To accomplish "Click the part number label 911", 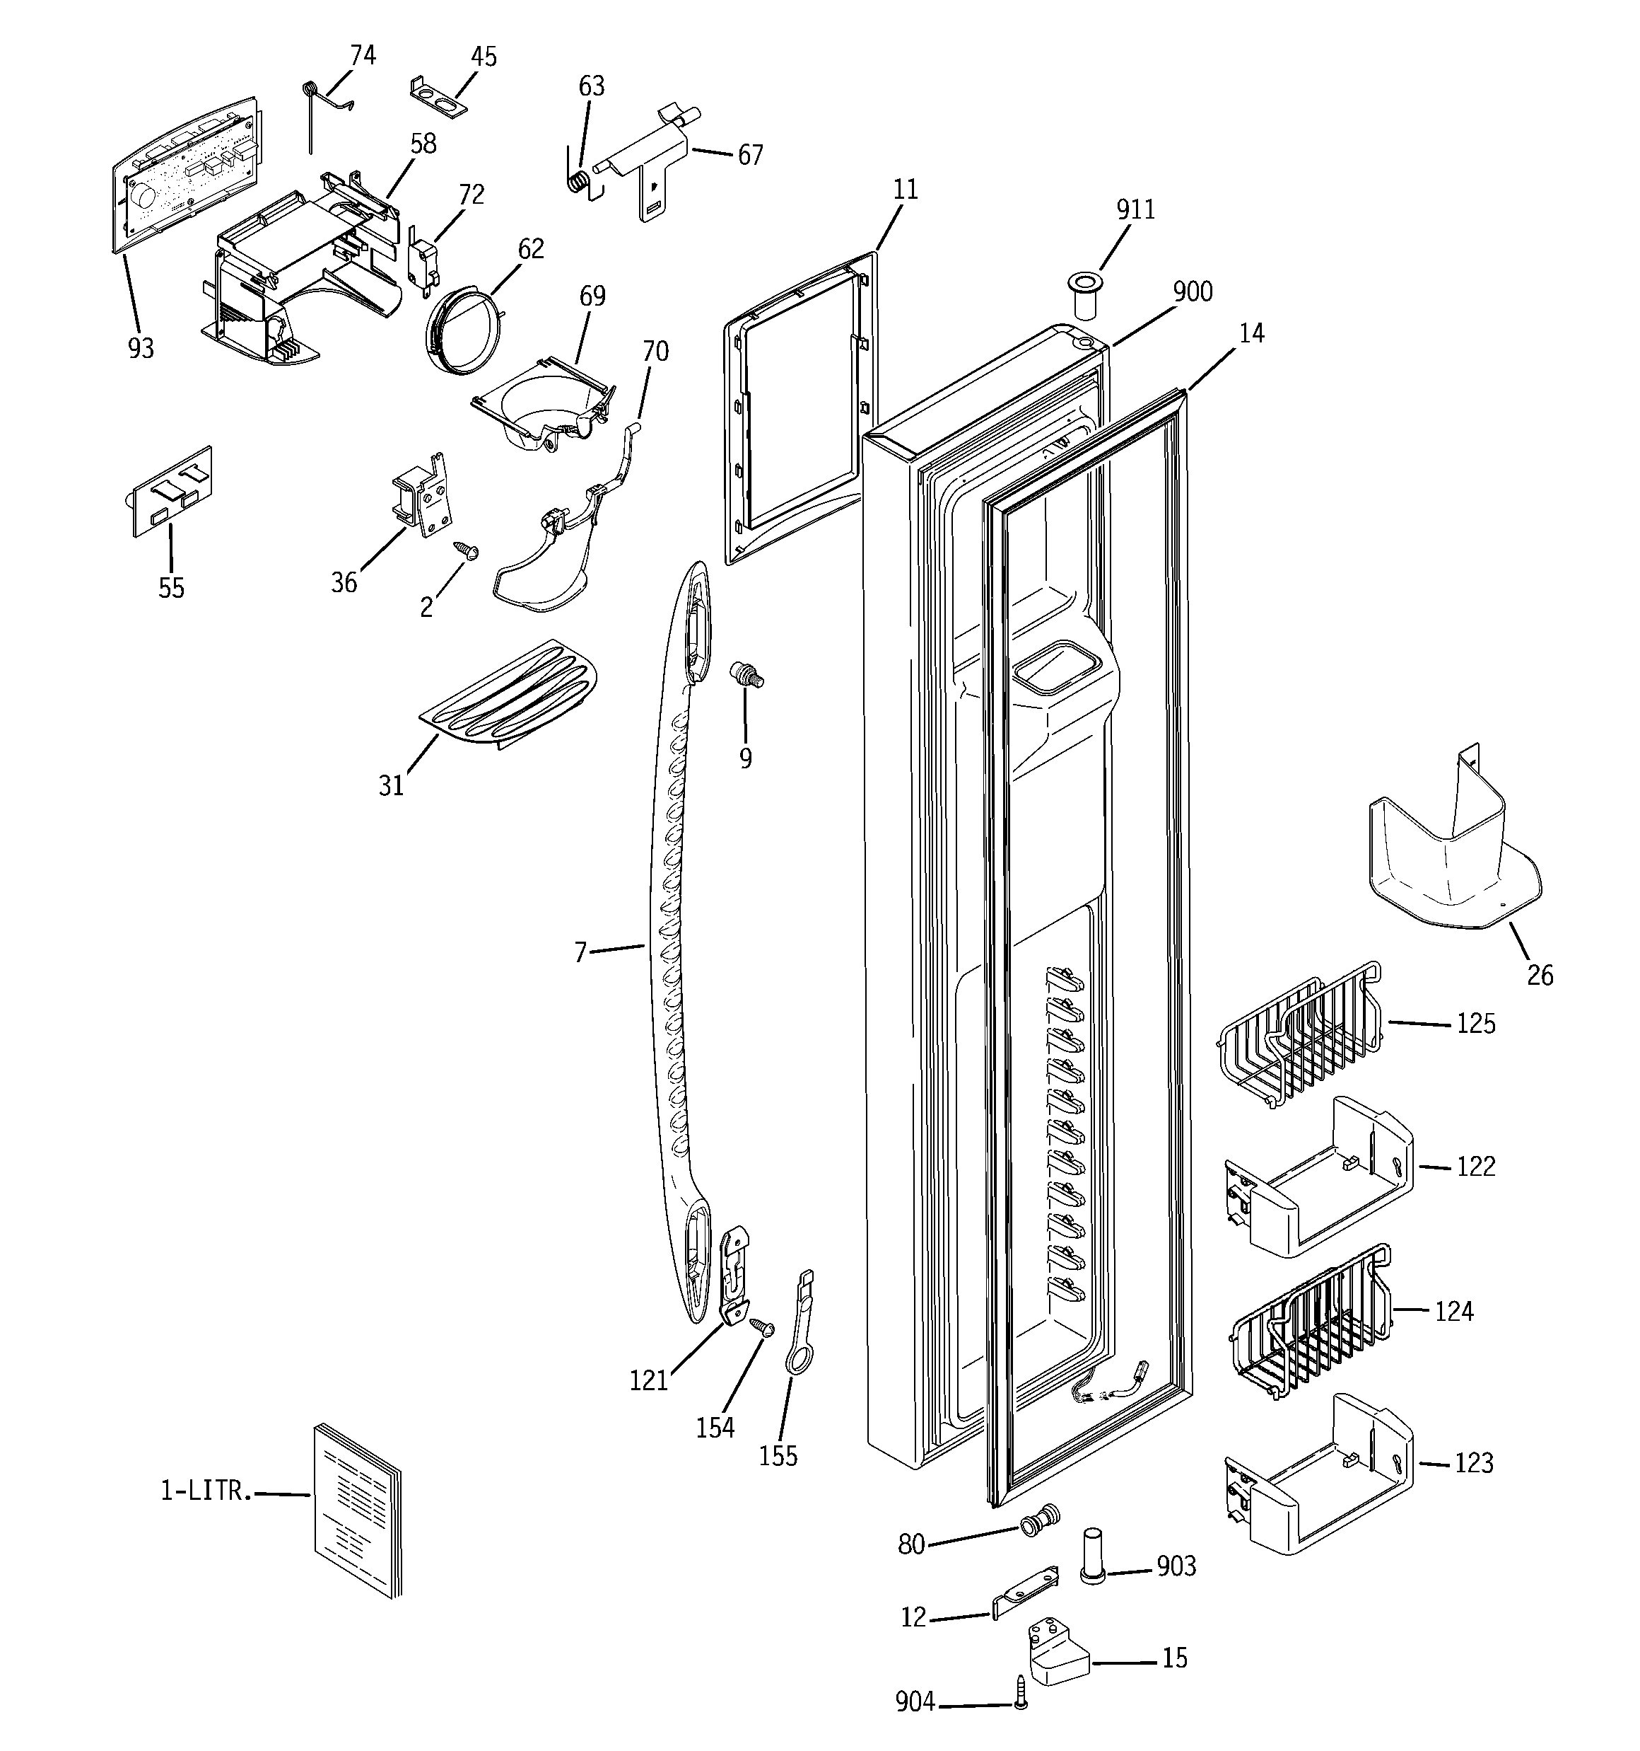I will (x=1135, y=209).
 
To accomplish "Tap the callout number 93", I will (x=141, y=349).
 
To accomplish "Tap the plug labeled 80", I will (x=1040, y=1520).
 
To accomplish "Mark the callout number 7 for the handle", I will (x=580, y=952).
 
